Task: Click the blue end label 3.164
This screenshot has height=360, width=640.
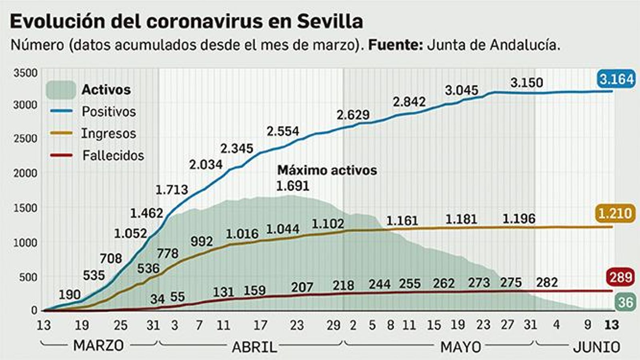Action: coord(616,79)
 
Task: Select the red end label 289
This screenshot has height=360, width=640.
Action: coord(621,277)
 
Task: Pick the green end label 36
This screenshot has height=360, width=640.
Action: coord(626,302)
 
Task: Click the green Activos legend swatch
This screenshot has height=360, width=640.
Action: coord(61,90)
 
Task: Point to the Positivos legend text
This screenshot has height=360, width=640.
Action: coord(109,111)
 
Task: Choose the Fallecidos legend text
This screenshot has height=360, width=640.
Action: coord(113,155)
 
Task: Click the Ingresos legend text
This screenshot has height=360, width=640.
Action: coord(109,133)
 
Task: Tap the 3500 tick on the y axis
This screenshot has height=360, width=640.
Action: coord(25,73)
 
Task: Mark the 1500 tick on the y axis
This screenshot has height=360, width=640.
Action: coord(25,208)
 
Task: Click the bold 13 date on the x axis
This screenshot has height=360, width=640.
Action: coord(612,325)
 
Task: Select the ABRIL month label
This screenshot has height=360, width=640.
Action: coord(254,347)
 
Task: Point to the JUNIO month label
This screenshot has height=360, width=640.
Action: coord(596,347)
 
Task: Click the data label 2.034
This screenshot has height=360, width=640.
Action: coord(206,164)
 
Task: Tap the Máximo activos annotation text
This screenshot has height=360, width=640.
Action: coord(327,170)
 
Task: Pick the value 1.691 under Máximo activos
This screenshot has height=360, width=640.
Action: coord(293,186)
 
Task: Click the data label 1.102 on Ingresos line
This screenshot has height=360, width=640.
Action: coord(328,224)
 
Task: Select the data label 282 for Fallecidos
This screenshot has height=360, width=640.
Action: coord(547,282)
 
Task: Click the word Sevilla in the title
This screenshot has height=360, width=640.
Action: coord(330,21)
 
